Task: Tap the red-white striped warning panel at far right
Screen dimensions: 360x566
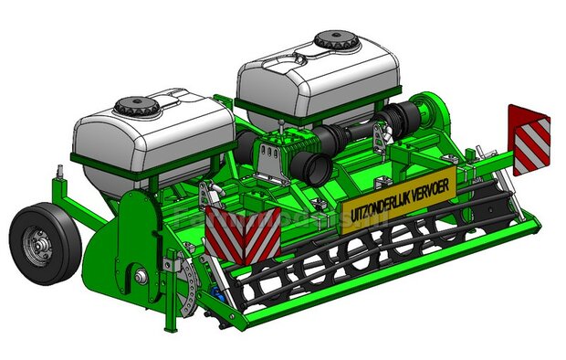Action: (529, 139)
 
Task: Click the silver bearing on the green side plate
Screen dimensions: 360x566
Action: (140, 277)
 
